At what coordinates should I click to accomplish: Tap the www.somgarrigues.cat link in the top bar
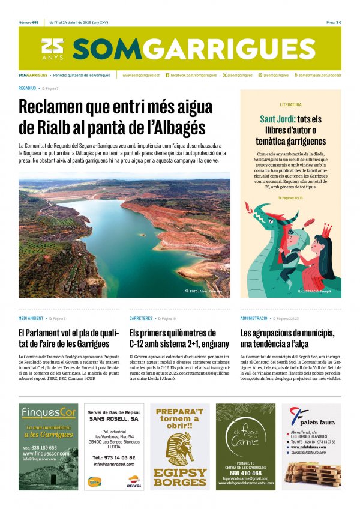pos(141,75)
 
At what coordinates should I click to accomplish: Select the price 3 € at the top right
pos(338,22)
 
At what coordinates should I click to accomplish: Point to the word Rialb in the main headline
pos(62,128)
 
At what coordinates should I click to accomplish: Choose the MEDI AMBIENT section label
pos(31,318)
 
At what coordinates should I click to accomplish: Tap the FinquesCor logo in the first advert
pos(49,412)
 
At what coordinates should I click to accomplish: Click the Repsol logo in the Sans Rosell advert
pos(136,480)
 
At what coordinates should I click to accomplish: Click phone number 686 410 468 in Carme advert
pos(246,473)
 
